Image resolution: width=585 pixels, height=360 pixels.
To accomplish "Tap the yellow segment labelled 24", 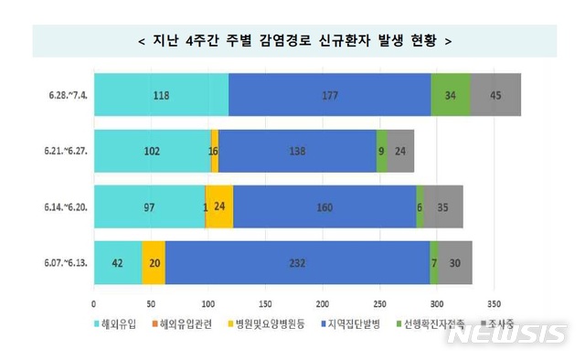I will click(x=219, y=206).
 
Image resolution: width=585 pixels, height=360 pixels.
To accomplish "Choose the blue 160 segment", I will click(x=324, y=206).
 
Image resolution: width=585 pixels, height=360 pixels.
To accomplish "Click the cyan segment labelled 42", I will click(x=118, y=263).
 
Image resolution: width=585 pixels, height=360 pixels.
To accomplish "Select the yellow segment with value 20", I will click(x=154, y=263).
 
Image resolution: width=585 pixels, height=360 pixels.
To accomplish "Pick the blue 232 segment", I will click(x=297, y=263).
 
